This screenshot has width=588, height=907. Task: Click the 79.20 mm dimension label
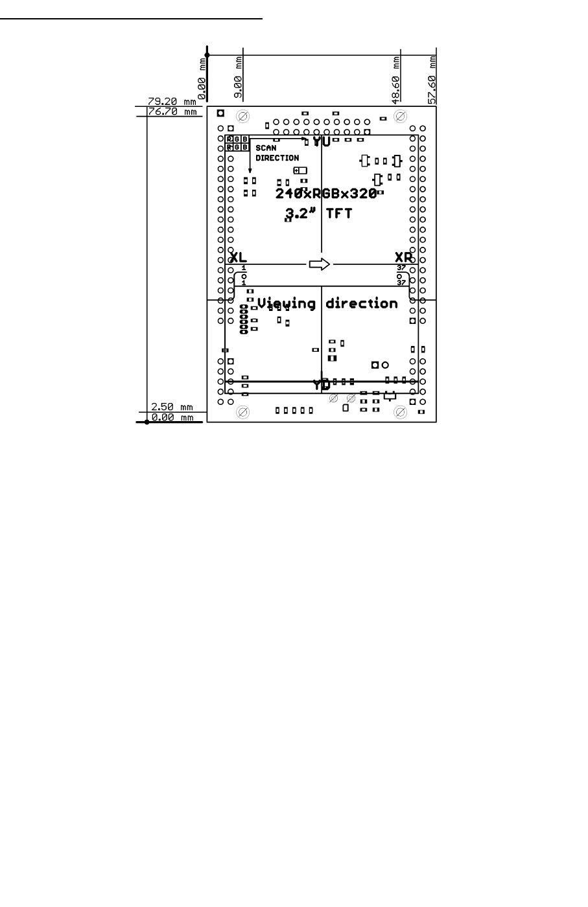tap(171, 102)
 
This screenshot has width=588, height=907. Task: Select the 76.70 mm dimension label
tap(171, 111)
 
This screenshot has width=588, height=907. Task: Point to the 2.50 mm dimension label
tap(171, 407)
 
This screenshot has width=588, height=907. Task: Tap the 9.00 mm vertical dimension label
tap(238, 78)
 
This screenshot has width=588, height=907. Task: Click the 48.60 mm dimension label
tap(395, 78)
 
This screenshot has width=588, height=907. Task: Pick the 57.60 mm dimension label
tap(432, 78)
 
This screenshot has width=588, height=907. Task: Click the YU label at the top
tap(322, 141)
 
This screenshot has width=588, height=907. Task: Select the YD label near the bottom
tap(322, 385)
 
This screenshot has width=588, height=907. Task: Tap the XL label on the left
tap(239, 257)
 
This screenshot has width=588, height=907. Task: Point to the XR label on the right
tap(404, 257)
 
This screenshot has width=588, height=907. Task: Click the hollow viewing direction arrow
tap(320, 264)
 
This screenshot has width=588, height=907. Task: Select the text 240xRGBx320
tap(326, 193)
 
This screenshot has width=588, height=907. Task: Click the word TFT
tap(338, 213)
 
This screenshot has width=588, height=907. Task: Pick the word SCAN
tap(266, 148)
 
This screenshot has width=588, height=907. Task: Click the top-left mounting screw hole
tap(243, 117)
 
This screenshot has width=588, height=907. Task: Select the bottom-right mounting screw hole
tap(401, 412)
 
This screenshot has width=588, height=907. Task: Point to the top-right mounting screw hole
tap(401, 117)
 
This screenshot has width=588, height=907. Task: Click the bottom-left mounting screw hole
tap(243, 412)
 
